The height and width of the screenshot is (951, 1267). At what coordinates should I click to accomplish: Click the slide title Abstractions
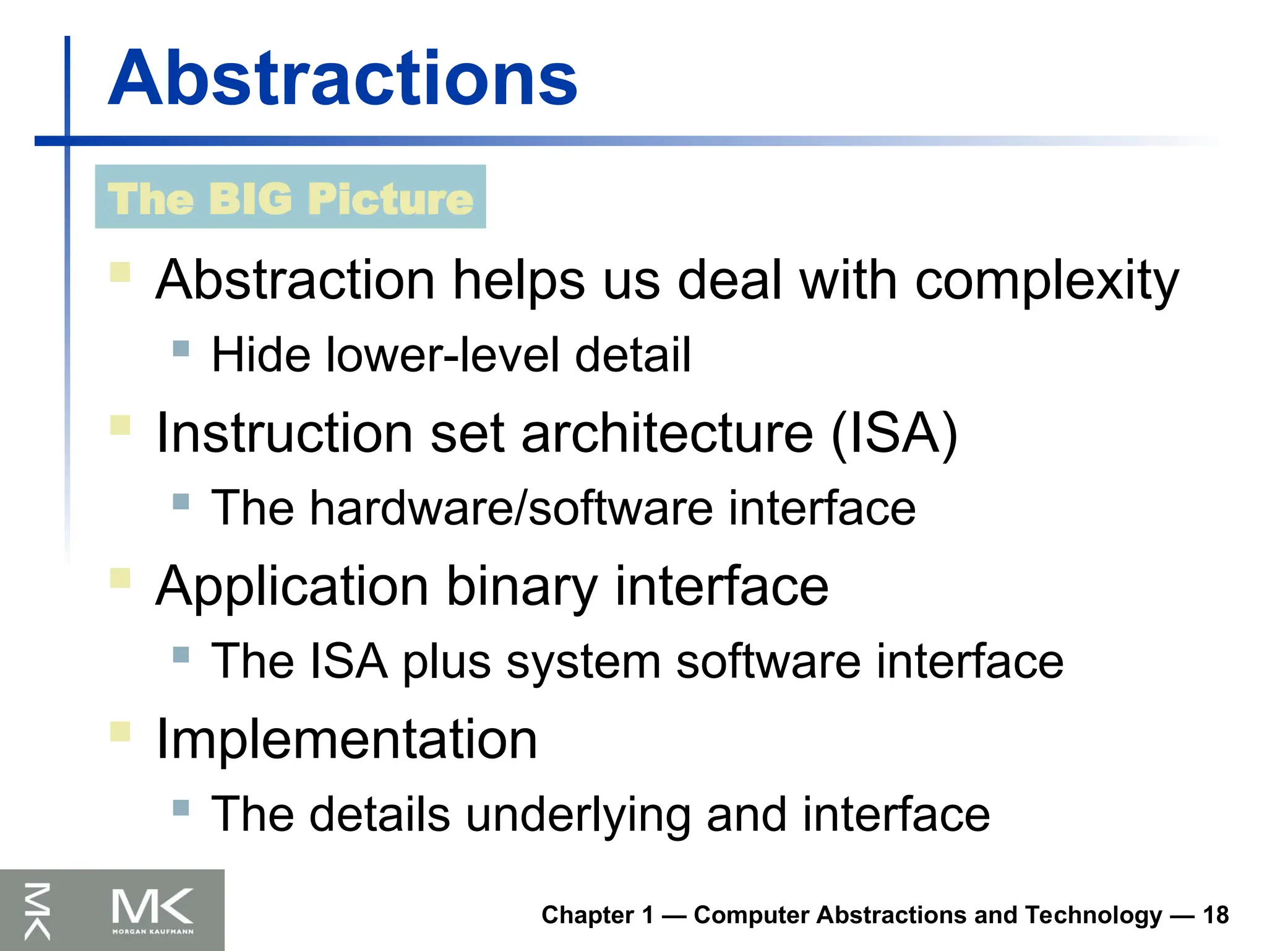[x=342, y=79]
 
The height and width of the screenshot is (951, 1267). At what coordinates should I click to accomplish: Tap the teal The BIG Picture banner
[x=290, y=197]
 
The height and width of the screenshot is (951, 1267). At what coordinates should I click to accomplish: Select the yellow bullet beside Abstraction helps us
[x=120, y=272]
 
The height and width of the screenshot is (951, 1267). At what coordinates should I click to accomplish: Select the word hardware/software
[x=511, y=508]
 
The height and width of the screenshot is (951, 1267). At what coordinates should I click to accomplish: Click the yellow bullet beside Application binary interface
[x=120, y=578]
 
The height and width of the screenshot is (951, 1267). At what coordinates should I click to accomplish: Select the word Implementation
[x=346, y=739]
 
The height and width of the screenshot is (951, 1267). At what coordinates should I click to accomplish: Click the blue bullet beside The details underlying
[x=181, y=807]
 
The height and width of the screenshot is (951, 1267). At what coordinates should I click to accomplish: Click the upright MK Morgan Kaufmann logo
[x=152, y=910]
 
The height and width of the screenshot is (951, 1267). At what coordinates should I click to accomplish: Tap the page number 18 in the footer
[x=1215, y=915]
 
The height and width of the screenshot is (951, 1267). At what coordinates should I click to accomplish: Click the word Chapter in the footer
[x=587, y=915]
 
